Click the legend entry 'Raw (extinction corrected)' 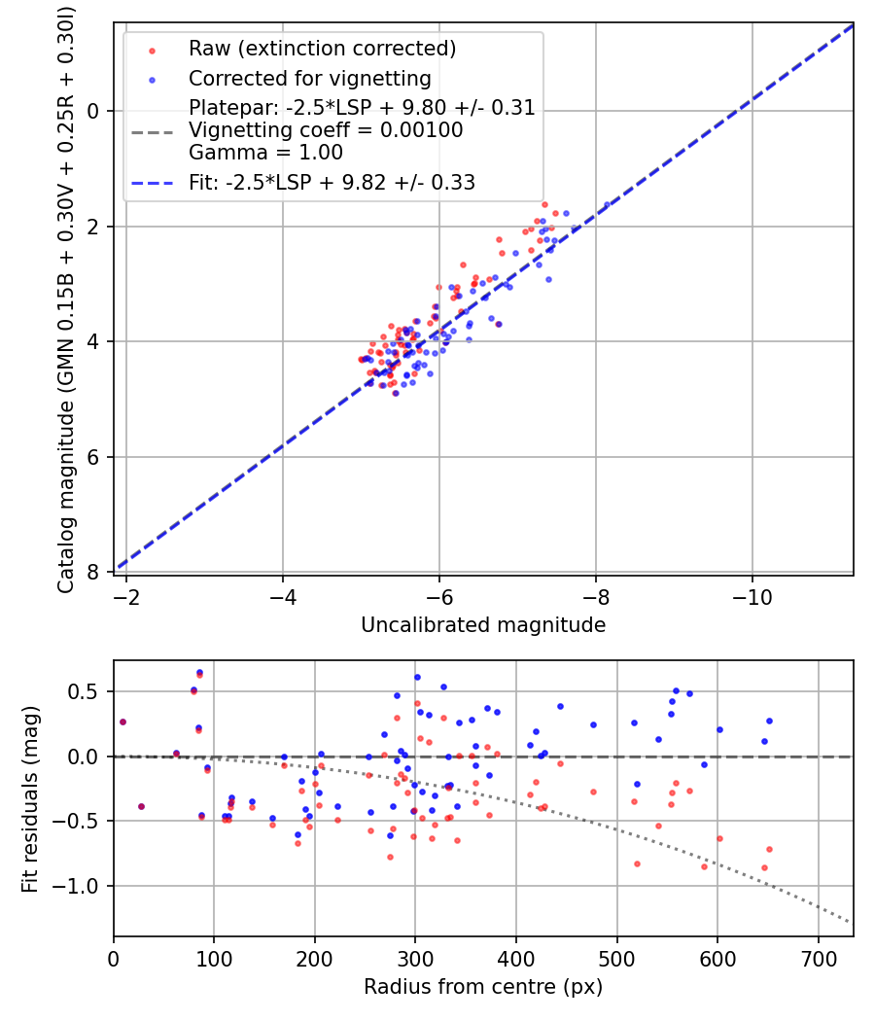pos(322,49)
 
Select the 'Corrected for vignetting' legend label pos(309,78)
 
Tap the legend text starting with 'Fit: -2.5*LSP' pos(332,183)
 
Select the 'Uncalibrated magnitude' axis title pos(483,625)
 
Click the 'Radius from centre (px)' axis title pos(483,987)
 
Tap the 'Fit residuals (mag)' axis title pos(30,799)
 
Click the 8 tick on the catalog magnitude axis pos(93,572)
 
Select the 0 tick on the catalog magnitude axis pos(93,111)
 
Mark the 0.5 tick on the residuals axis pos(88,691)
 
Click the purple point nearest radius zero pos(122,722)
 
